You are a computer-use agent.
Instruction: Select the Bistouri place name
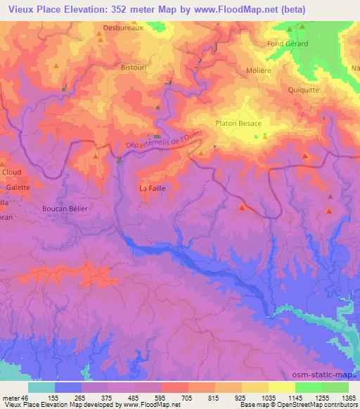click(134, 67)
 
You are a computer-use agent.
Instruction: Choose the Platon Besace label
click(238, 124)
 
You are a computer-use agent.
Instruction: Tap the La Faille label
click(152, 188)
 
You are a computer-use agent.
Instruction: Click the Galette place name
click(18, 188)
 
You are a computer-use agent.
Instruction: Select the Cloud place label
click(12, 172)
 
